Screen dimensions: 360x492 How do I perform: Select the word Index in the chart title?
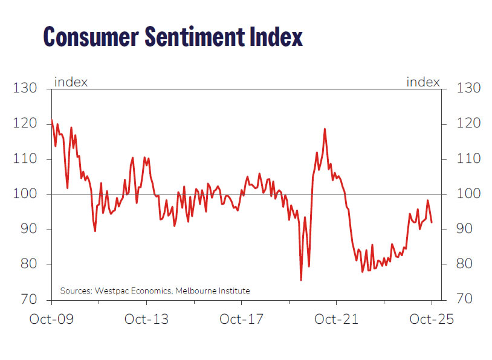point(273,37)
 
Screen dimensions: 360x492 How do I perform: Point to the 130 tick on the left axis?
point(25,89)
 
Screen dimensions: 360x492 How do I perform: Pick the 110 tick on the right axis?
point(468,159)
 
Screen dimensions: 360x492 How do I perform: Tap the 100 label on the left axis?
point(25,194)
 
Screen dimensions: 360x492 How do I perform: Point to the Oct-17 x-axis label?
point(241,318)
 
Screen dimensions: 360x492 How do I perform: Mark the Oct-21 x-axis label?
point(336,318)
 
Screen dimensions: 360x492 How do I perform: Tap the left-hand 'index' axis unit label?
point(71,82)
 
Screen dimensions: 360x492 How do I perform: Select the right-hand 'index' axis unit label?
point(423,82)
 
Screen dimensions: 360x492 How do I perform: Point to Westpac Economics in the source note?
point(133,291)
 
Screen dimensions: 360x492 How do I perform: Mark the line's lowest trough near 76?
point(301,280)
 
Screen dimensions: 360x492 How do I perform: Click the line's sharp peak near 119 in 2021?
point(325,129)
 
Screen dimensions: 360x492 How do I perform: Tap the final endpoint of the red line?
point(432,222)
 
